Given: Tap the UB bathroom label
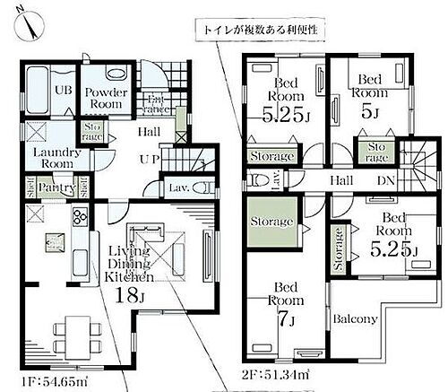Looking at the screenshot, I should [x=40, y=91].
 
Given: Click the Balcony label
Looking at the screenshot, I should [x=356, y=318].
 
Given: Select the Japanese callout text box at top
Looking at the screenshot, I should [x=260, y=30].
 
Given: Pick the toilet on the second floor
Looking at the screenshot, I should [x=258, y=179].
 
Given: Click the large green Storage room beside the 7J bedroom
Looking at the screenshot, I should [x=270, y=221].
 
